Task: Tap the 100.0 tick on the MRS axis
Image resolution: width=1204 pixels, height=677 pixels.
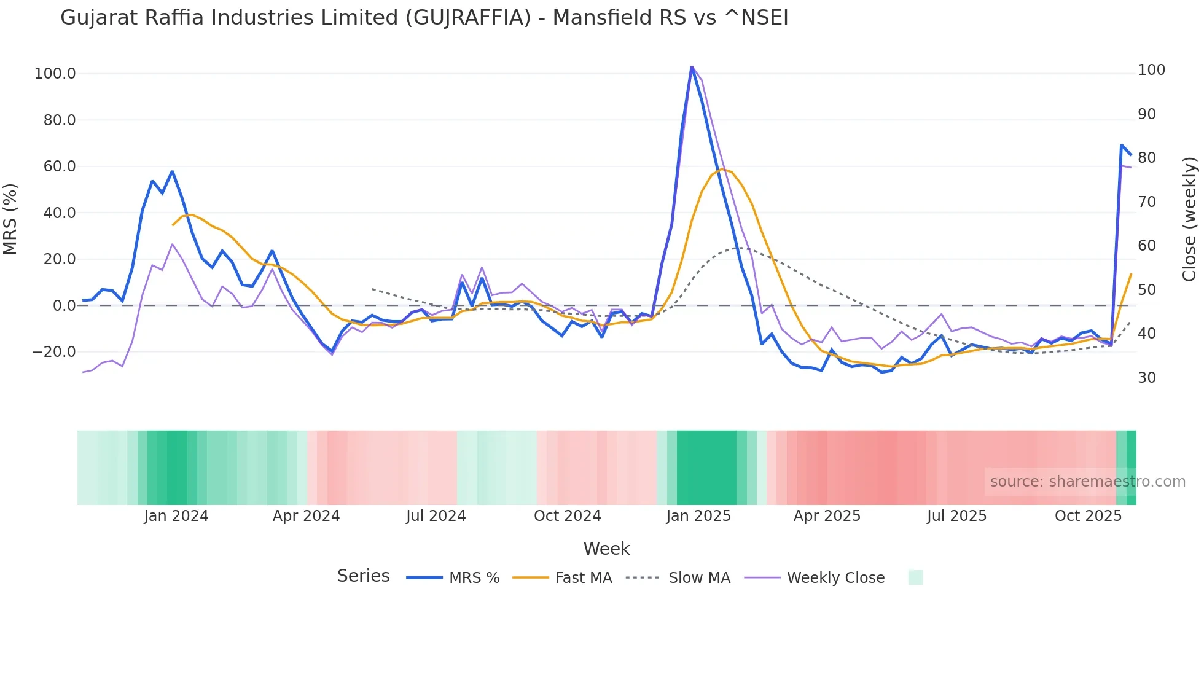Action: [x=55, y=74]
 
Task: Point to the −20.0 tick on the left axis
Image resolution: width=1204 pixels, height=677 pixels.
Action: [x=54, y=352]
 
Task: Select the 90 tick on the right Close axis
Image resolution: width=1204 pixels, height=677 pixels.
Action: [x=1146, y=114]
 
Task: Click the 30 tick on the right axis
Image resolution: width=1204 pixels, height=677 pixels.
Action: [x=1146, y=378]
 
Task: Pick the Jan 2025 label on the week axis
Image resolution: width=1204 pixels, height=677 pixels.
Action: [x=698, y=516]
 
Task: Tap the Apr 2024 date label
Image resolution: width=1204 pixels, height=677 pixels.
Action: [x=306, y=516]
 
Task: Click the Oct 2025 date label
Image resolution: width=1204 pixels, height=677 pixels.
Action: [x=1088, y=516]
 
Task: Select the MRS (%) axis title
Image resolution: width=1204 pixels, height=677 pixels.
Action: [x=10, y=219]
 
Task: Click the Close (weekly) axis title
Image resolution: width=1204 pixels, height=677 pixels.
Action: [x=1189, y=219]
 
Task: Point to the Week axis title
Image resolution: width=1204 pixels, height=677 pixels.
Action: [x=606, y=549]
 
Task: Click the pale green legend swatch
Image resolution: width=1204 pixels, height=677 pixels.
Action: [x=915, y=577]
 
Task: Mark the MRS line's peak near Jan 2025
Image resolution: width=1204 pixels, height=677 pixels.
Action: [x=692, y=67]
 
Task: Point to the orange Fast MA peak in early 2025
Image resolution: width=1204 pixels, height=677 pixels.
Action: [x=722, y=169]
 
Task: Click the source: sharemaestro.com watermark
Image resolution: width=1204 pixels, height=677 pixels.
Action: [x=1087, y=482]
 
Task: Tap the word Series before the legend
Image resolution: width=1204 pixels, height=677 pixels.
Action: [x=363, y=576]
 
